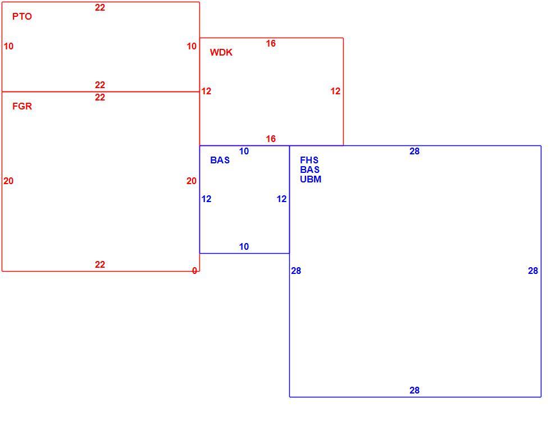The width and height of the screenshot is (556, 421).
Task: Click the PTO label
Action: (x=22, y=16)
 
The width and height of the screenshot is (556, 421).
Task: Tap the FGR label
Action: (x=22, y=106)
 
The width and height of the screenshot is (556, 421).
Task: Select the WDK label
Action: (x=221, y=52)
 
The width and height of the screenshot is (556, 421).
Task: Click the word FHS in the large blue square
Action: (x=309, y=160)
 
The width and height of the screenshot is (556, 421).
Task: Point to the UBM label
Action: (x=311, y=179)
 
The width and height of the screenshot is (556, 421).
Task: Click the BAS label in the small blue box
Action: (x=220, y=160)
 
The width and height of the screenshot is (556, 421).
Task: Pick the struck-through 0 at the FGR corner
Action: (x=194, y=271)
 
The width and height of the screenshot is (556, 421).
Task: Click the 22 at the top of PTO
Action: (x=100, y=7)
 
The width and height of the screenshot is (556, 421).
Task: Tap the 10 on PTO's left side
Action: (x=8, y=46)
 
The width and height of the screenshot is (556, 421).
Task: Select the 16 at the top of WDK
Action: (x=271, y=43)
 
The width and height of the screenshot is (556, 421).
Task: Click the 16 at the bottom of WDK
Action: (x=271, y=139)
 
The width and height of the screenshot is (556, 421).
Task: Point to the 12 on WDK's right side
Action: (x=335, y=91)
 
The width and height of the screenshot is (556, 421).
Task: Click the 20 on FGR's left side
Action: (x=8, y=181)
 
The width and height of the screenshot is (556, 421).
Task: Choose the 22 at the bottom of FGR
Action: (x=100, y=264)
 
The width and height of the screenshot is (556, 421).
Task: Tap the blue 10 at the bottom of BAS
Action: (x=244, y=246)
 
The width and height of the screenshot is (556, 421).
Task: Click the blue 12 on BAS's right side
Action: (x=281, y=199)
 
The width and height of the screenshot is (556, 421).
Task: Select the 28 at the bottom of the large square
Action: (x=414, y=390)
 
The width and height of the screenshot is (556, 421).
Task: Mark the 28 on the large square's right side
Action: (x=533, y=271)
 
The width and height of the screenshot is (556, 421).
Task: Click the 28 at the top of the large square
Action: (x=414, y=152)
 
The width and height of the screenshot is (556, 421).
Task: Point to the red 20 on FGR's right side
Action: (x=192, y=181)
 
